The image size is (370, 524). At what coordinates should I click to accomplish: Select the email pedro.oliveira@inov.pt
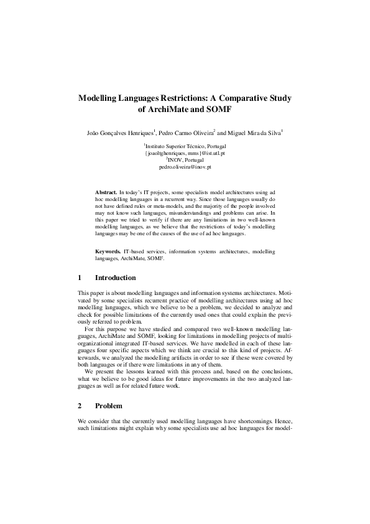click(185, 167)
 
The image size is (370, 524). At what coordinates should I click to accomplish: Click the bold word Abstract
click(105, 194)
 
